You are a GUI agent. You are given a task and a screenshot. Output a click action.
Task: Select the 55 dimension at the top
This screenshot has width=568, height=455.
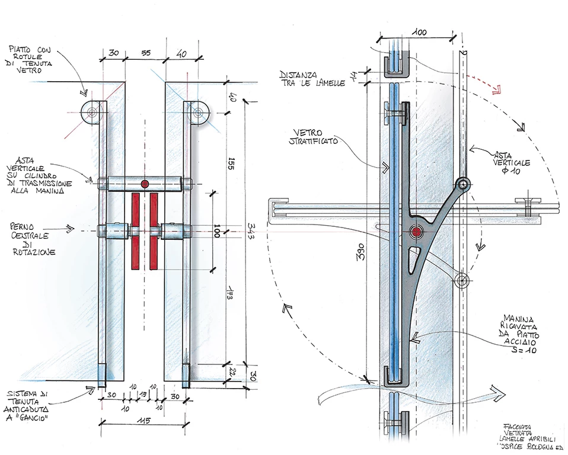[145, 53]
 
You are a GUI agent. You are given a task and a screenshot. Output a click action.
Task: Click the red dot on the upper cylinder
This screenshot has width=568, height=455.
[145, 184]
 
